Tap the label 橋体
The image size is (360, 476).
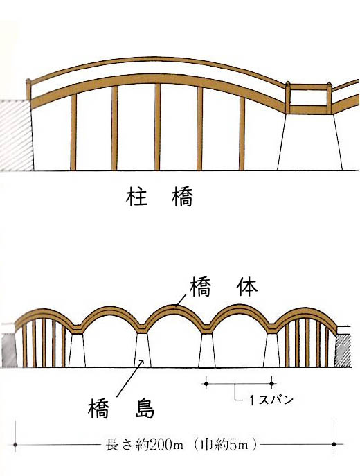pyautogui.click(x=224, y=287)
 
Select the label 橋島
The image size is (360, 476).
pyautogui.click(x=121, y=408)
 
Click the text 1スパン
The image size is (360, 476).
pyautogui.click(x=271, y=400)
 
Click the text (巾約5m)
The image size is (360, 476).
pyautogui.click(x=225, y=446)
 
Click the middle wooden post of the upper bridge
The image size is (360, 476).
pyautogui.click(x=157, y=127)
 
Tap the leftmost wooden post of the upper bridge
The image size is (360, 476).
pyautogui.click(x=73, y=132)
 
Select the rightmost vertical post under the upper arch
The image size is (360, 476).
pyautogui.click(x=242, y=133)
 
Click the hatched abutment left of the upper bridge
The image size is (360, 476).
pyautogui.click(x=16, y=135)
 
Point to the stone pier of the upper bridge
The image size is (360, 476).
pyautogui.click(x=309, y=141)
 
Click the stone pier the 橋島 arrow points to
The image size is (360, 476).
pyautogui.click(x=142, y=351)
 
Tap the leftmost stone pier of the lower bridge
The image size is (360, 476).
pyautogui.click(x=77, y=351)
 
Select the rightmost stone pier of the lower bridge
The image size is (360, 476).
pyautogui.click(x=272, y=351)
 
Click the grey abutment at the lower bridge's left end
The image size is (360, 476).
pyautogui.click(x=8, y=351)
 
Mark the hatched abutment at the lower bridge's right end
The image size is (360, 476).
pyautogui.click(x=343, y=351)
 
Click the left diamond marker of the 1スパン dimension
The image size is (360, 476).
pyautogui.click(x=206, y=384)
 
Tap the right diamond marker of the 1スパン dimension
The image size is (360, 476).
pyautogui.click(x=272, y=384)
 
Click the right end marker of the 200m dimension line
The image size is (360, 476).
pyautogui.click(x=334, y=444)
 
